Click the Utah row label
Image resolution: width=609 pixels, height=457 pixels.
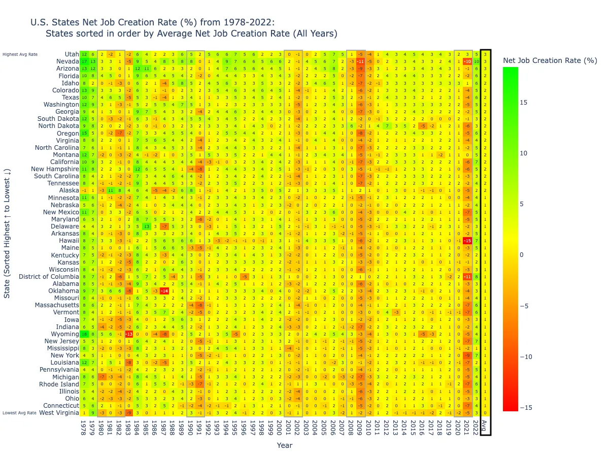pyautogui.click(x=72, y=54)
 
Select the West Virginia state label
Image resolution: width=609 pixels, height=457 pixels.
pyautogui.click(x=59, y=412)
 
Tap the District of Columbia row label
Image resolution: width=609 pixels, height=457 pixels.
pyautogui.click(x=49, y=277)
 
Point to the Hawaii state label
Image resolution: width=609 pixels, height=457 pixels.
pyautogui.click(x=69, y=239)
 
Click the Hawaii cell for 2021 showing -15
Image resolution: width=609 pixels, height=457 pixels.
pyautogui.click(x=467, y=240)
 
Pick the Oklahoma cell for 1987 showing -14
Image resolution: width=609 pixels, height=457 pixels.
pyautogui.click(x=164, y=291)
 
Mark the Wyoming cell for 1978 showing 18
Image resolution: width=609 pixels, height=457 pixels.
pyautogui.click(x=84, y=334)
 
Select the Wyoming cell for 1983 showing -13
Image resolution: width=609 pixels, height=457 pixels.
pyautogui.click(x=129, y=334)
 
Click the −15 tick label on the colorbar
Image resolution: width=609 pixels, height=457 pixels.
pyautogui.click(x=526, y=408)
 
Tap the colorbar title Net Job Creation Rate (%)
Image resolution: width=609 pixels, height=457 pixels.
pyautogui.click(x=550, y=60)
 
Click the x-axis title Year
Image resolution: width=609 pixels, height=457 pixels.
pyautogui.click(x=284, y=445)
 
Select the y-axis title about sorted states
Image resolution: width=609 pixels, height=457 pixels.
pyautogui.click(x=7, y=234)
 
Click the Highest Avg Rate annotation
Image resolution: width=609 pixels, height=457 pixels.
pyautogui.click(x=20, y=54)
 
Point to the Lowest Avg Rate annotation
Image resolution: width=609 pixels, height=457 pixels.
pyautogui.click(x=19, y=413)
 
